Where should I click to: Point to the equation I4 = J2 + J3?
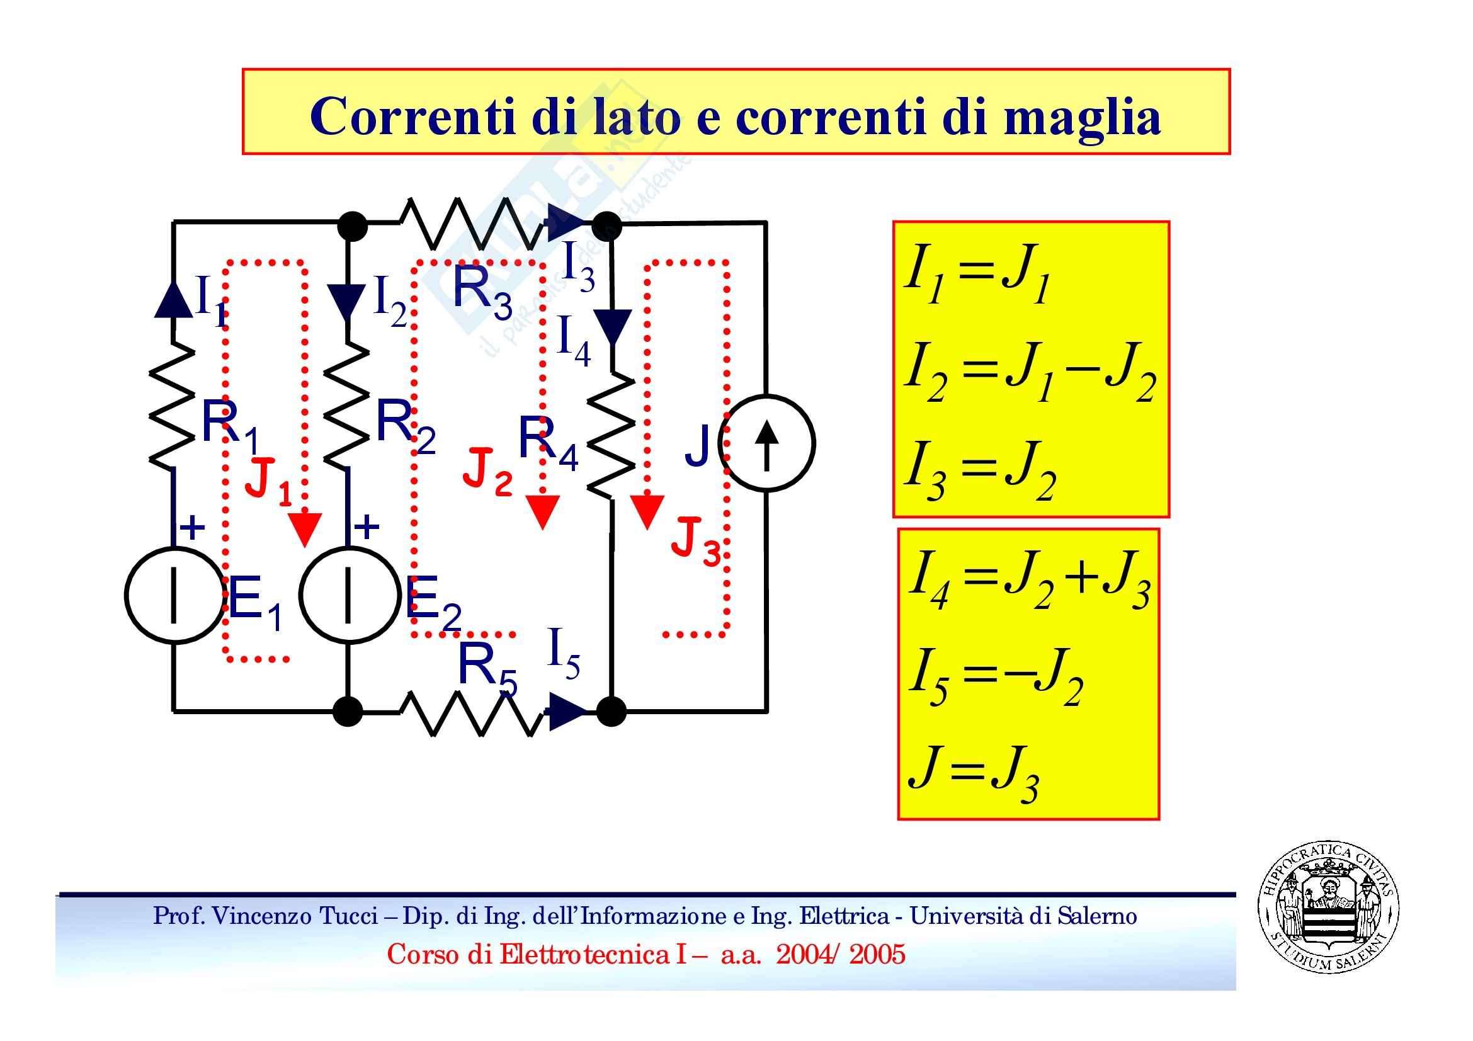click(x=1029, y=579)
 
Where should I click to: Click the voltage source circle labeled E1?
click(x=174, y=595)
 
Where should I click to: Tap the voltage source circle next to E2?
click(x=348, y=595)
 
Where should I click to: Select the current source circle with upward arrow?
click(x=766, y=443)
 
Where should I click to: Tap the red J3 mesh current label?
click(x=695, y=542)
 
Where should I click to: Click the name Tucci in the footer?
click(x=351, y=916)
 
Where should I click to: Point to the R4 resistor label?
click(x=547, y=442)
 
